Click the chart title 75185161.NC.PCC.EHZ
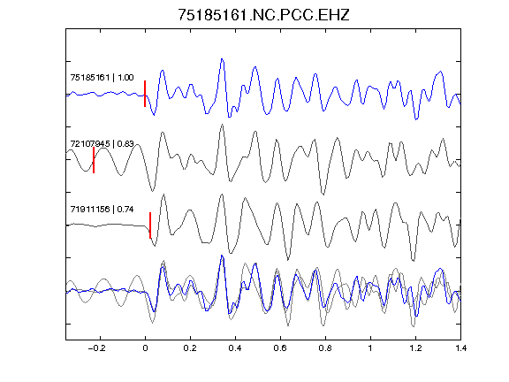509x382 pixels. (263, 15)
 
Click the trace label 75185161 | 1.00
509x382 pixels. (102, 78)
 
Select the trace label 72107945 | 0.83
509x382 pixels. (102, 143)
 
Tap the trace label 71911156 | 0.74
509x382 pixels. (102, 210)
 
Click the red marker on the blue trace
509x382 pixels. (145, 94)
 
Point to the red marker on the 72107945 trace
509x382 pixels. (94, 160)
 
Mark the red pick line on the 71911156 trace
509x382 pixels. (150, 225)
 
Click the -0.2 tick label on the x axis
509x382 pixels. (96, 348)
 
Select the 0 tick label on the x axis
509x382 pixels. (145, 348)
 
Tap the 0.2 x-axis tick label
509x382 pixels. (190, 348)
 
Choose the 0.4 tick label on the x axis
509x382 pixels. (235, 348)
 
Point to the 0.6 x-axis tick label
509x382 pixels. (280, 348)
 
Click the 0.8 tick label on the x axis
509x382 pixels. (325, 348)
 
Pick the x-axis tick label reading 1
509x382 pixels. (370, 348)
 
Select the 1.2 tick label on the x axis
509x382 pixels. (415, 348)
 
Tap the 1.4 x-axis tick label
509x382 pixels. (460, 348)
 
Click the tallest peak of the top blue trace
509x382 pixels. (222, 59)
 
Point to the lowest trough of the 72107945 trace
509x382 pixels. (323, 194)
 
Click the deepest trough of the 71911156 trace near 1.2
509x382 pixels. (413, 260)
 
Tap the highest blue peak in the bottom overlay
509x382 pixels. (222, 256)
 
